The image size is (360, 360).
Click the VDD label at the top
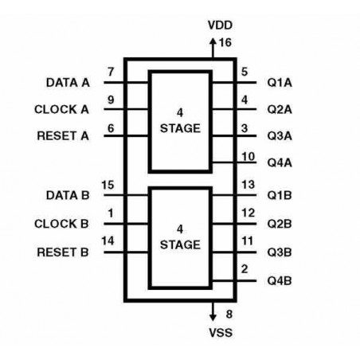tap(220, 25)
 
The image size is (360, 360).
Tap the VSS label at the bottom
tap(221, 332)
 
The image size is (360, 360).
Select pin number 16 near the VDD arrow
tap(225, 42)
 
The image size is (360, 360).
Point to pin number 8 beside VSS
tap(229, 315)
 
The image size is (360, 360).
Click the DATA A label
tap(68, 83)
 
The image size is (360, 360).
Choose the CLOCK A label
tap(61, 109)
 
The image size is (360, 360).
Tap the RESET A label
tap(63, 136)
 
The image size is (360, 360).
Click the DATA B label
tap(68, 195)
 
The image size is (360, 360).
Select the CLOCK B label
tap(61, 224)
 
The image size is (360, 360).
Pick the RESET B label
tap(63, 252)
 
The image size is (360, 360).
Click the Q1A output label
tap(280, 83)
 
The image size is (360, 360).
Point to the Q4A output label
tap(280, 162)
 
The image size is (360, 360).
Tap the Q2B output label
tap(280, 224)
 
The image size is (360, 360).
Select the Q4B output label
tap(280, 280)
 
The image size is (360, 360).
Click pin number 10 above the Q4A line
tap(248, 157)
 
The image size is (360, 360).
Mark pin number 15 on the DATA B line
tap(108, 185)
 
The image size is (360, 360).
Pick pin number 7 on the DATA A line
tap(111, 72)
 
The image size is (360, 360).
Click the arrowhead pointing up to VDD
tap(213, 41)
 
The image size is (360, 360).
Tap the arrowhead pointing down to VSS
tap(213, 317)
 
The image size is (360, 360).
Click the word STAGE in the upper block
tap(180, 128)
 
